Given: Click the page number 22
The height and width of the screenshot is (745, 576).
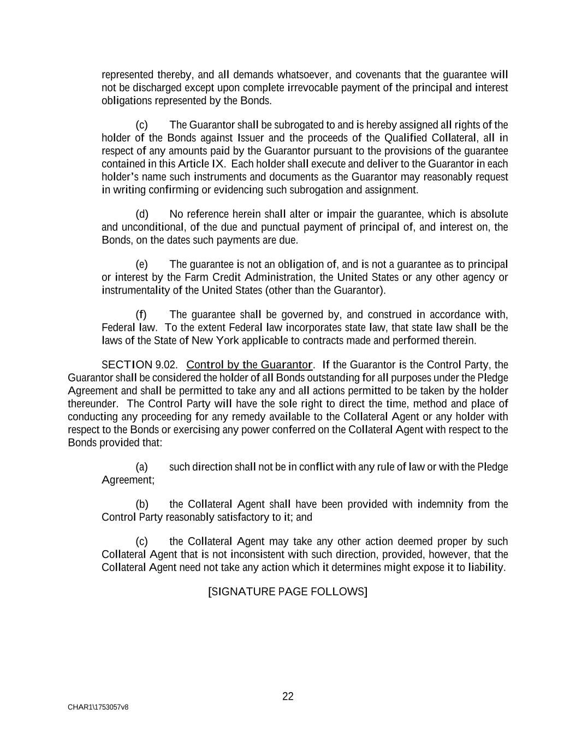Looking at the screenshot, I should pyautogui.click(x=288, y=696).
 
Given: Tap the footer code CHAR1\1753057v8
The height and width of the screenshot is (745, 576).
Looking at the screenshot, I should pyautogui.click(x=98, y=707).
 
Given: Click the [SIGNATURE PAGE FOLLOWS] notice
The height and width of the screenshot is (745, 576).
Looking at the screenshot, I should pyautogui.click(x=288, y=592).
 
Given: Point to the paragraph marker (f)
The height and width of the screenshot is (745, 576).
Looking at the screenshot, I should pyautogui.click(x=141, y=314).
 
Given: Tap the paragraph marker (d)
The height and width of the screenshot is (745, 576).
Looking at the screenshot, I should pyautogui.click(x=141, y=214).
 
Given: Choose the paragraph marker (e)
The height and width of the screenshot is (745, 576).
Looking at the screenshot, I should pyautogui.click(x=141, y=264).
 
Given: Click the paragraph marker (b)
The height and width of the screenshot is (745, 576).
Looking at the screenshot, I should pyautogui.click(x=141, y=504).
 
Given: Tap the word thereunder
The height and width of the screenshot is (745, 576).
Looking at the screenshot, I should pyautogui.click(x=92, y=404).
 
